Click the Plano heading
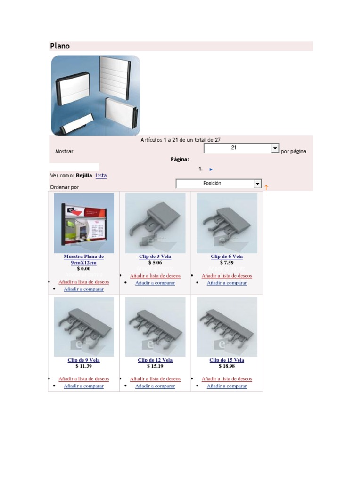point(60,46)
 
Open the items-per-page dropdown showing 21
point(241,148)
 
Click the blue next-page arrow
point(211,169)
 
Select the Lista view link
point(101,176)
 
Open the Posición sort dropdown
point(219,184)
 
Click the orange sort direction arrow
point(266,187)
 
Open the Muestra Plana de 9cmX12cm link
point(84,259)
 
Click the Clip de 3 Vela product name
point(155,257)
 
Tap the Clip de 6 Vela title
point(227,257)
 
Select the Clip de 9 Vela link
point(84,360)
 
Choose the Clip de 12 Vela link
point(155,360)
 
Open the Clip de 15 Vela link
point(227,360)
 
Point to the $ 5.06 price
point(155,263)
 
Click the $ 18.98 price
point(227,366)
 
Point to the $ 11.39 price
point(84,366)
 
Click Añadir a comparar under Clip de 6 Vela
point(227,283)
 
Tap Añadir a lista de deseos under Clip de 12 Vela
point(155,379)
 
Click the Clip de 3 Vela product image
point(156,223)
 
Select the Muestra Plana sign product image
point(84,223)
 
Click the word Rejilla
point(84,176)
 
